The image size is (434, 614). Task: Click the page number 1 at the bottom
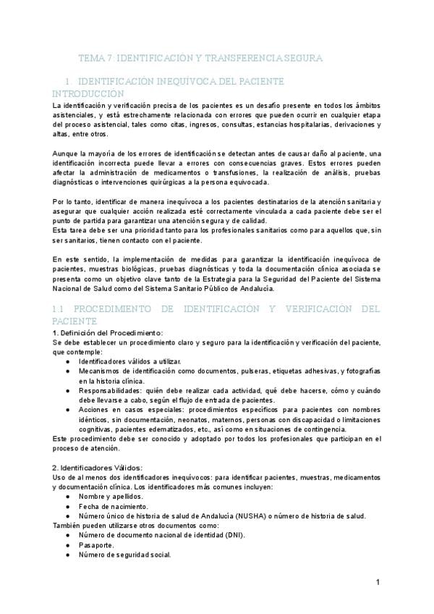pos(378,582)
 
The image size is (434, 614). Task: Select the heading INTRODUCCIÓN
pos(88,94)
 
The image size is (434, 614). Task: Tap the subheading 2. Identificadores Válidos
pos(98,467)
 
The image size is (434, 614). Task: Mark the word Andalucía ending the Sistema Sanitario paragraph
pos(274,289)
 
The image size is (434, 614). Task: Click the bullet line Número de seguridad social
pos(124,555)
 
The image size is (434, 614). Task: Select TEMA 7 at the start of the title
pos(94,57)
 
